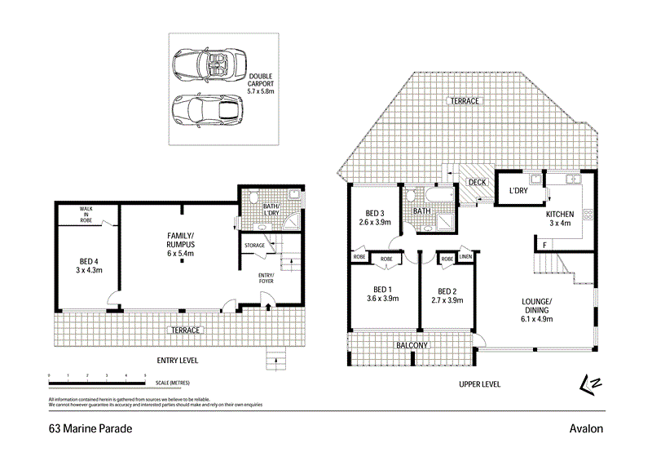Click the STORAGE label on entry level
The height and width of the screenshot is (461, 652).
(x=255, y=244)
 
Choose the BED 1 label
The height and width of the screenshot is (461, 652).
(x=383, y=295)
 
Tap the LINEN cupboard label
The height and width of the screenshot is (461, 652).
(x=465, y=258)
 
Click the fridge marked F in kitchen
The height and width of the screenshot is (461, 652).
(x=544, y=244)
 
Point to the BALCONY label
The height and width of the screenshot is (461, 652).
(x=412, y=346)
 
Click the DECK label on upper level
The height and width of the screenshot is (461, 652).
(x=477, y=182)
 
